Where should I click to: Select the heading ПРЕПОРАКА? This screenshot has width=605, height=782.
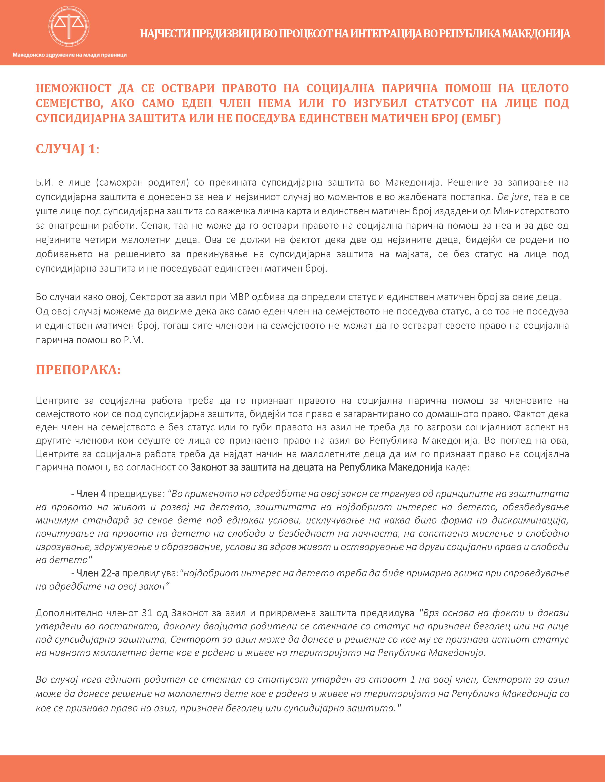click(78, 370)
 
